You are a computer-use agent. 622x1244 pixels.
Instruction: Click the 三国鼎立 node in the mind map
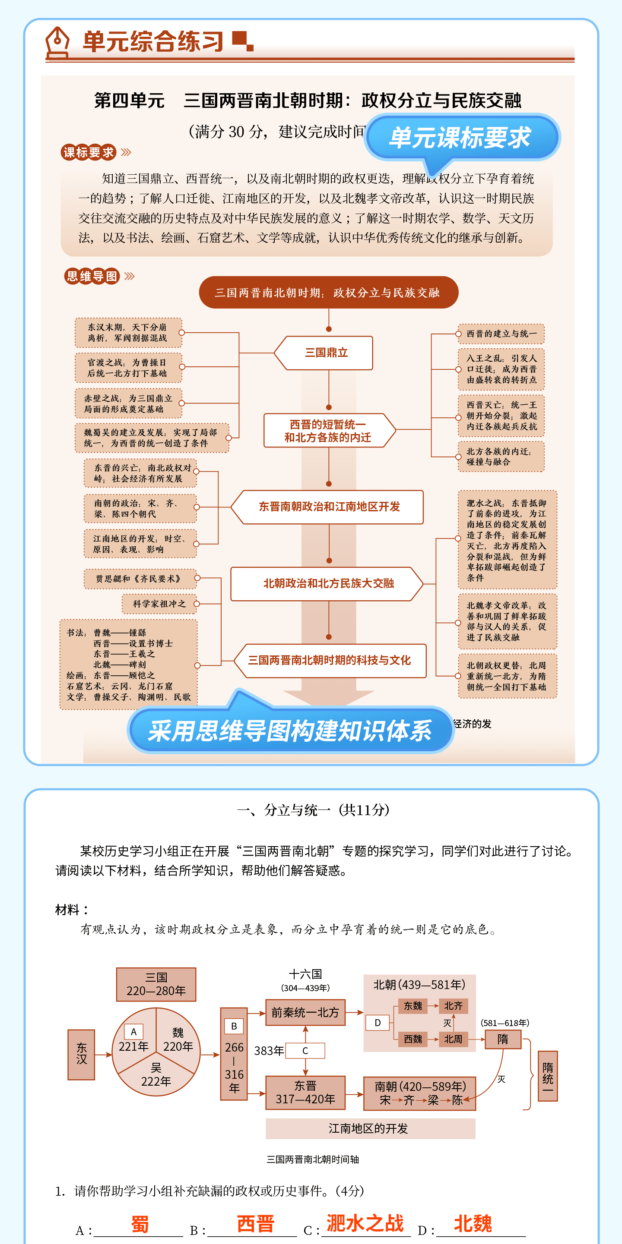pos(326,353)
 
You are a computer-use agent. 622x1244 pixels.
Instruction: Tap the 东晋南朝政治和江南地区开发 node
pos(329,507)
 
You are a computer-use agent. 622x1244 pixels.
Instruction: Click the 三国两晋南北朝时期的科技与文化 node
pos(329,660)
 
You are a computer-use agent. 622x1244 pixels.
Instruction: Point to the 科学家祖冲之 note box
pos(159,604)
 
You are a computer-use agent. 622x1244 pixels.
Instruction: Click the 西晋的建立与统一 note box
pos(501,334)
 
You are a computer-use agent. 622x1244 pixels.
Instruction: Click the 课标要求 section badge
pos(89,153)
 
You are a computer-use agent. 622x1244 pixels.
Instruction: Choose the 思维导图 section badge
pos(92,276)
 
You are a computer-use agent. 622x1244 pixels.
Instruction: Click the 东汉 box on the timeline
pos(81,1054)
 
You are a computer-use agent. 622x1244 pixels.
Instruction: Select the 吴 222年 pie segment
pos(156,1075)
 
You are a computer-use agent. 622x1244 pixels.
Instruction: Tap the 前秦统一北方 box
pos(305,1012)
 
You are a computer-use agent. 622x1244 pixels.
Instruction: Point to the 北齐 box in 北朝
pos(454,1006)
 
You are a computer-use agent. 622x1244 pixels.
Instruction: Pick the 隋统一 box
pos(548,1075)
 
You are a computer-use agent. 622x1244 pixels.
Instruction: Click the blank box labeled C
pos(305,1050)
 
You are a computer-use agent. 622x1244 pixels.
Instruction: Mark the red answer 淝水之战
pos(365,1224)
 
